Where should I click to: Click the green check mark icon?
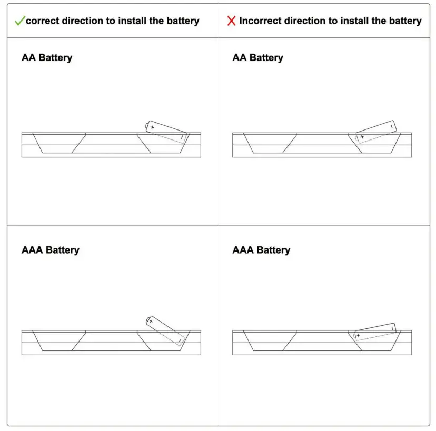click(x=19, y=21)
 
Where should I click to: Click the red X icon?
click(x=231, y=21)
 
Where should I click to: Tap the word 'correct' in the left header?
click(x=43, y=21)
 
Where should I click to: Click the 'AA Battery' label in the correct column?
click(x=47, y=57)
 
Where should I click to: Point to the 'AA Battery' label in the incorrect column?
click(x=257, y=57)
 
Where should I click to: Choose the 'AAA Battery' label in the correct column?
click(x=50, y=250)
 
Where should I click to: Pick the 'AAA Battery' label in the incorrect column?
click(x=261, y=250)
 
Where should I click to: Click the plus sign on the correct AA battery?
click(x=152, y=127)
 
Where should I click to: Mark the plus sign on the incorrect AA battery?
click(x=362, y=137)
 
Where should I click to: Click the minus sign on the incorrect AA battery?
click(x=391, y=127)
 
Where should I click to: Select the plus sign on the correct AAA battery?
click(x=151, y=320)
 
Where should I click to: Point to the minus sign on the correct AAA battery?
click(x=180, y=340)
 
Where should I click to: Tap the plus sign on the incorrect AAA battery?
click(x=359, y=335)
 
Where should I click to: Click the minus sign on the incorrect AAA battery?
click(x=392, y=328)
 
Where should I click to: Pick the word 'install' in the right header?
click(x=354, y=21)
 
